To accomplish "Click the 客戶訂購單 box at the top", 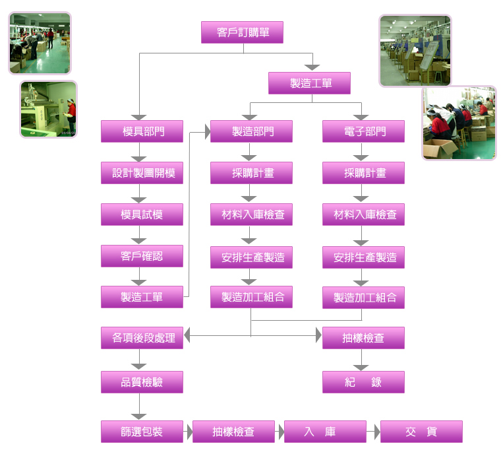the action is pyautogui.click(x=242, y=32).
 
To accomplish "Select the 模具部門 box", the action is pyautogui.click(x=142, y=131).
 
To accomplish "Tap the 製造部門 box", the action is pyautogui.click(x=251, y=131).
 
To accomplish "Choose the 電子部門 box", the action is pyautogui.click(x=364, y=131).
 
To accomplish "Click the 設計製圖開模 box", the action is pyautogui.click(x=142, y=173).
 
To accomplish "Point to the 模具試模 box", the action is pyautogui.click(x=142, y=214).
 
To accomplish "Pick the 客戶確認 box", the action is pyautogui.click(x=142, y=256).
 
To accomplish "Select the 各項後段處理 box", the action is pyautogui.click(x=142, y=338).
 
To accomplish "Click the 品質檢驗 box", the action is pyautogui.click(x=142, y=382).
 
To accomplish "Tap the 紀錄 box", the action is pyautogui.click(x=364, y=382).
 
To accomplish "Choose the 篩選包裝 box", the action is pyautogui.click(x=142, y=432).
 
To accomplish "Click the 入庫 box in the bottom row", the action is pyautogui.click(x=325, y=432).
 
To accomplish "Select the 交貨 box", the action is pyautogui.click(x=421, y=432).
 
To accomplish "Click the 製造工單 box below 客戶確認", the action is pyautogui.click(x=142, y=297).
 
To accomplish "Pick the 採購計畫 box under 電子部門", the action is pyautogui.click(x=364, y=173).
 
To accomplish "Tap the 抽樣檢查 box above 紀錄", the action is pyautogui.click(x=364, y=338).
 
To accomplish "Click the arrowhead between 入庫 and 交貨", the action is pyautogui.click(x=377, y=432).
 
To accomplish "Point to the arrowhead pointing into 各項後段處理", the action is pyautogui.click(x=187, y=335).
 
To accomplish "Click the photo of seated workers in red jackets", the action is pyautogui.click(x=459, y=123).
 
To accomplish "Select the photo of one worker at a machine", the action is pyautogui.click(x=49, y=109).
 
